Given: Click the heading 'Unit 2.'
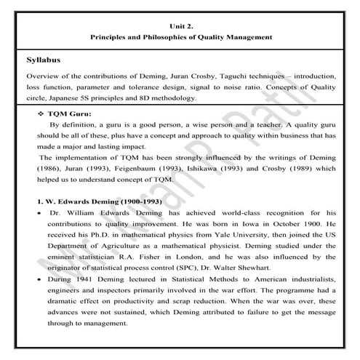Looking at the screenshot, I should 180,23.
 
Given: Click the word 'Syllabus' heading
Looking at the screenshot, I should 46,61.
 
